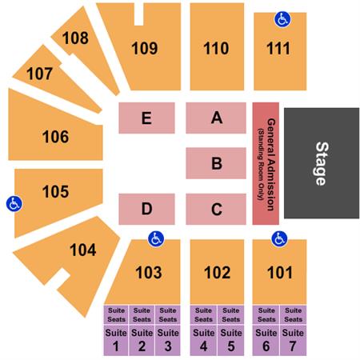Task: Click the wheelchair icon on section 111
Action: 282,19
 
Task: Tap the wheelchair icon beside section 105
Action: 14,204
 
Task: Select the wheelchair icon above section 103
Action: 156,238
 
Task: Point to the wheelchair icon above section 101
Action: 279,238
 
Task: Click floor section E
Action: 146,118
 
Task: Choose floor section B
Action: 216,163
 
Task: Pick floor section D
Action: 146,209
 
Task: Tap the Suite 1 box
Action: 116,340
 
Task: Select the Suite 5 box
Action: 231,340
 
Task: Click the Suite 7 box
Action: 293,340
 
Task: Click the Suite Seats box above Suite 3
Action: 168,315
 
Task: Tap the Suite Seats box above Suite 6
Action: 266,315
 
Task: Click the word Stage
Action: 322,163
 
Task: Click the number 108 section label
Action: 75,38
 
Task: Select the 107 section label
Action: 39,74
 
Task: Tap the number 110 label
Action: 216,48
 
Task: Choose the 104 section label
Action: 83,250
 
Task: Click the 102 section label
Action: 217,273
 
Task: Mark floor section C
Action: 216,209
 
